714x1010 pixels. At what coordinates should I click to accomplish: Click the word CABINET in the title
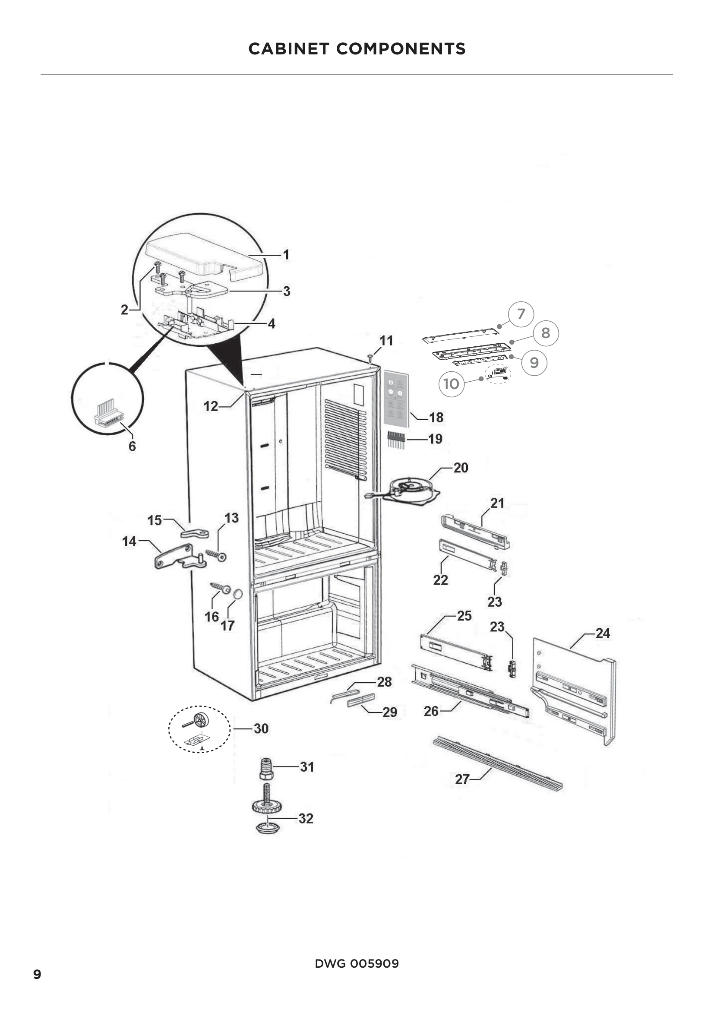coord(288,49)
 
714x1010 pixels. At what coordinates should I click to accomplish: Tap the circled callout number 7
coord(521,314)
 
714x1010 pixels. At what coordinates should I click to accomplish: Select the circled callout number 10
coord(451,384)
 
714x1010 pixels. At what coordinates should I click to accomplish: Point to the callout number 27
coord(462,779)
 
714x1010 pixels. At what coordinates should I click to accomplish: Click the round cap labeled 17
coord(237,594)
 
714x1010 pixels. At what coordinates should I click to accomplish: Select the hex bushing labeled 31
coord(266,768)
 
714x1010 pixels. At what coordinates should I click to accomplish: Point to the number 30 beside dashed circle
coord(261,728)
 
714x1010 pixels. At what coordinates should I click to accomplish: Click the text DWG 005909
coord(357,963)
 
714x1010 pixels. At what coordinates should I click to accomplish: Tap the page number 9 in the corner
coord(38,974)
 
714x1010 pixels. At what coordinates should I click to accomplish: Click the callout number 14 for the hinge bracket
coord(129,541)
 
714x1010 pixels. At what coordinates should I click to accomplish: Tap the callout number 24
coord(603,633)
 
